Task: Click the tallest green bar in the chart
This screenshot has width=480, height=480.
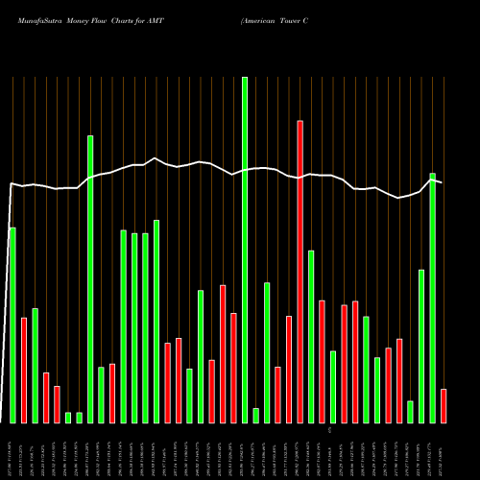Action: coord(245,250)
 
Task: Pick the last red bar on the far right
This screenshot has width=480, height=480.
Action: coord(444,405)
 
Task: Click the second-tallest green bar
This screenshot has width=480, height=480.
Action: coord(90,278)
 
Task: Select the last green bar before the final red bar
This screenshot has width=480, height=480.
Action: coord(433,298)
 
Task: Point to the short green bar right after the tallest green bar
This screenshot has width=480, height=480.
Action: coord(255,415)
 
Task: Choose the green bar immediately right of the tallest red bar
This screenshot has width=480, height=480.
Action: coord(311,336)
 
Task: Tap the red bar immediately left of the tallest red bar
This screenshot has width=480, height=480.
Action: coord(289,369)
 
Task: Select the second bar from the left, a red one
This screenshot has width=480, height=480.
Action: coord(24,370)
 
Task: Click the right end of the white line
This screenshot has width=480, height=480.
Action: coord(443,181)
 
